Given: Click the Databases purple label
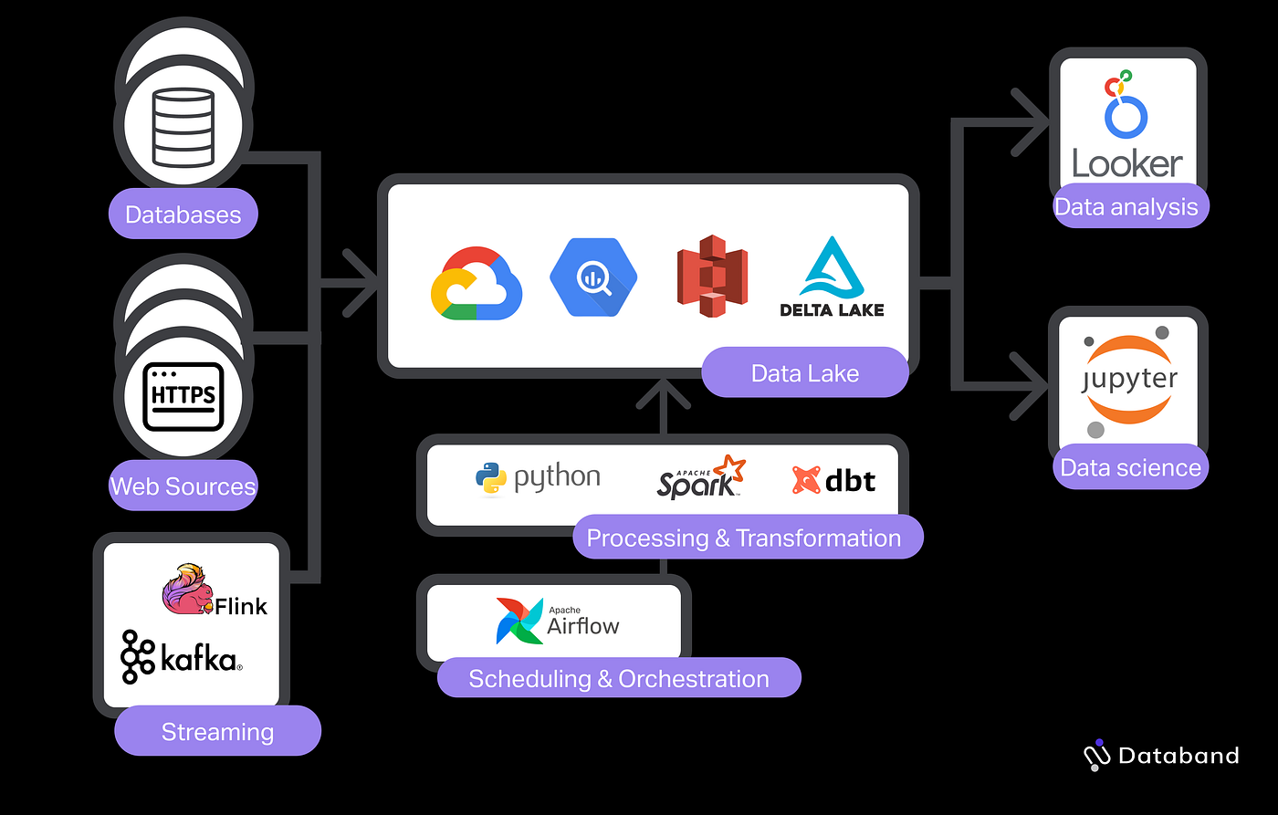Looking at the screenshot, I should point(183,214).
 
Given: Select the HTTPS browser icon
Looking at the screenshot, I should point(183,395).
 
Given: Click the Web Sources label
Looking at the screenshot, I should point(183,486).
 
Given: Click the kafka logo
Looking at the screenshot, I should point(182,657).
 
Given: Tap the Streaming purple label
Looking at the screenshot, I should point(217,732).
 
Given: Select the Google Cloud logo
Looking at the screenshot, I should point(476,283).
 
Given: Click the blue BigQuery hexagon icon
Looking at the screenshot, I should point(593,277).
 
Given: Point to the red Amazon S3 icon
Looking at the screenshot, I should point(712,276).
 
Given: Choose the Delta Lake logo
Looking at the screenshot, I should point(832,277).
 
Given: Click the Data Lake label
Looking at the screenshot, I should point(804,372).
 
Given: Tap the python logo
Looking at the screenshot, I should point(538,478).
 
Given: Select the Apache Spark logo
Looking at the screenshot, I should point(701,477).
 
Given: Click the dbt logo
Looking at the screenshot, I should point(833,479).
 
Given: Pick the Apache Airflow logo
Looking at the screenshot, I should point(557,622).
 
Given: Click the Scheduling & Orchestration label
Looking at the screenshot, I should point(618,679).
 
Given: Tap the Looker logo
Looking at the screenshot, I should point(1127,128).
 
